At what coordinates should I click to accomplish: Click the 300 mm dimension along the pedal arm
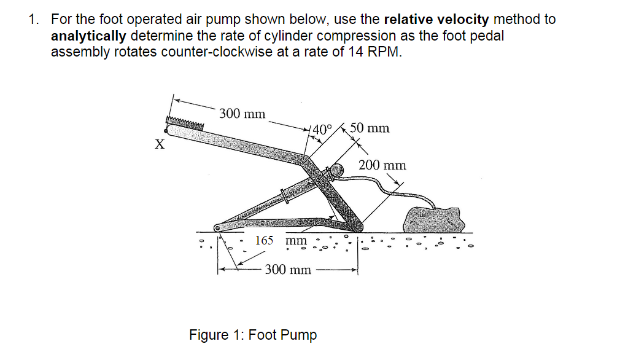tap(242, 114)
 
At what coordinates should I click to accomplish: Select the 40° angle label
tap(322, 130)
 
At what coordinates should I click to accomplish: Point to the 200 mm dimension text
tap(382, 165)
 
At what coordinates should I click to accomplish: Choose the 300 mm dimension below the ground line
tap(287, 270)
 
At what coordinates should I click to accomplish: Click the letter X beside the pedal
tap(160, 146)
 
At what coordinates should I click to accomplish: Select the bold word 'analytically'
tap(90, 35)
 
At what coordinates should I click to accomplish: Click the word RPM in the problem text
tap(384, 51)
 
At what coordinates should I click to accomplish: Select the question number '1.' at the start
tap(34, 19)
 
